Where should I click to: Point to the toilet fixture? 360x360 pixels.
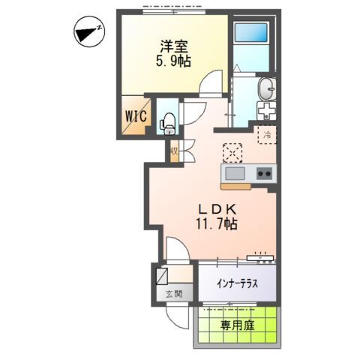coord(169,120)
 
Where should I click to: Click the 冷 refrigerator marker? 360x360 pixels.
coord(266,136)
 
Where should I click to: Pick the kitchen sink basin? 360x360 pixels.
coord(234,175)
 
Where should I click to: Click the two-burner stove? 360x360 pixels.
coord(263,174)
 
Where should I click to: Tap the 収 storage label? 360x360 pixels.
coord(174,151)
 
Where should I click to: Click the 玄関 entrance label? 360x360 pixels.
coord(174,294)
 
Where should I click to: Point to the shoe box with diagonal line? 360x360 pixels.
coord(164,276)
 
